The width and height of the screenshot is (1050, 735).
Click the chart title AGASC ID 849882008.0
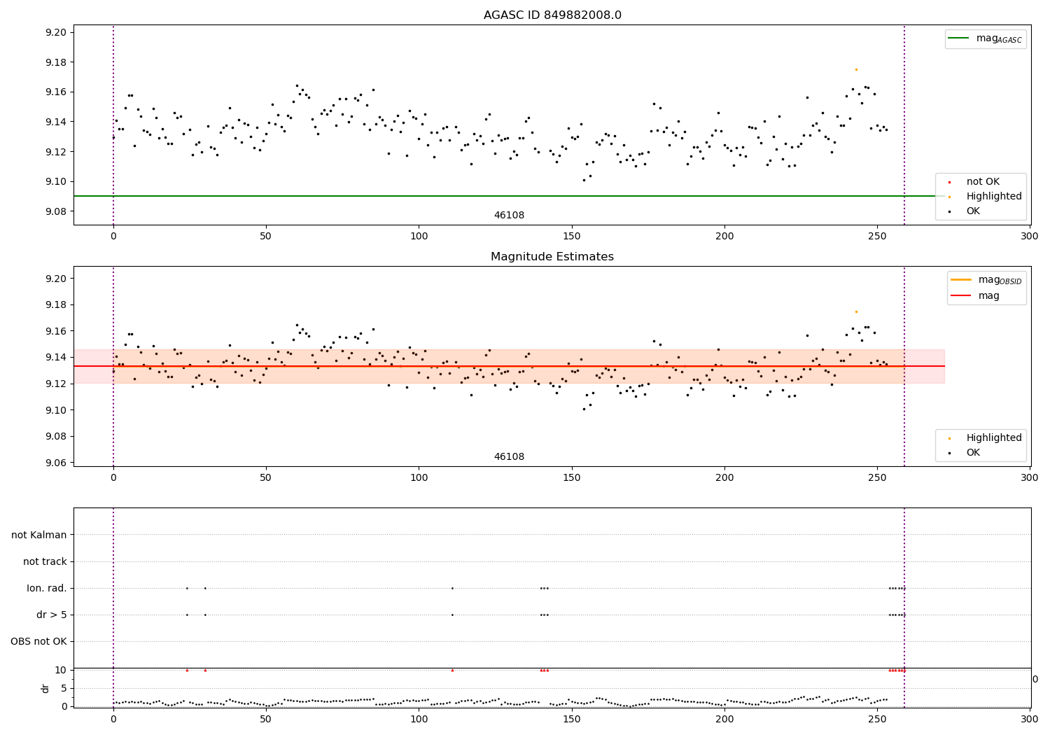tap(552, 15)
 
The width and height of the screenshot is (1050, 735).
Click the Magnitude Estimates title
tap(552, 257)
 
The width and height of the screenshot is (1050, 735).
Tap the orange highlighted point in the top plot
tap(856, 69)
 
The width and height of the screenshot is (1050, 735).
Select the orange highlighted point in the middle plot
tap(856, 311)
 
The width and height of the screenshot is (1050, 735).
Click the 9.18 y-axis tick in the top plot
tap(55, 62)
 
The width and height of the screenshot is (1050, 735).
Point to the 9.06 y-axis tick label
tap(55, 463)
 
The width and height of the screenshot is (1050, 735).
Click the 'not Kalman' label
tap(39, 535)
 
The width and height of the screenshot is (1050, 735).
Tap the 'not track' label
tap(45, 561)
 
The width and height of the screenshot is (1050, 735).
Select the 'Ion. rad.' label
tap(47, 588)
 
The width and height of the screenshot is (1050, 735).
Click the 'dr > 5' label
tap(52, 615)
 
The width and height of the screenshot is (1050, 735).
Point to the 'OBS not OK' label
tap(39, 641)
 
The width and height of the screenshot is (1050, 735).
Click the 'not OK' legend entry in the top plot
tap(983, 182)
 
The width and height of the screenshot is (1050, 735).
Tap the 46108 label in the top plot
tap(509, 216)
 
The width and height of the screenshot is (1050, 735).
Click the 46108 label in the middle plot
tap(509, 457)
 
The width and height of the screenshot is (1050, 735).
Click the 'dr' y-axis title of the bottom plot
tap(45, 688)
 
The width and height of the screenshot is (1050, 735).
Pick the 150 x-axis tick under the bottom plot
tap(572, 719)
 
